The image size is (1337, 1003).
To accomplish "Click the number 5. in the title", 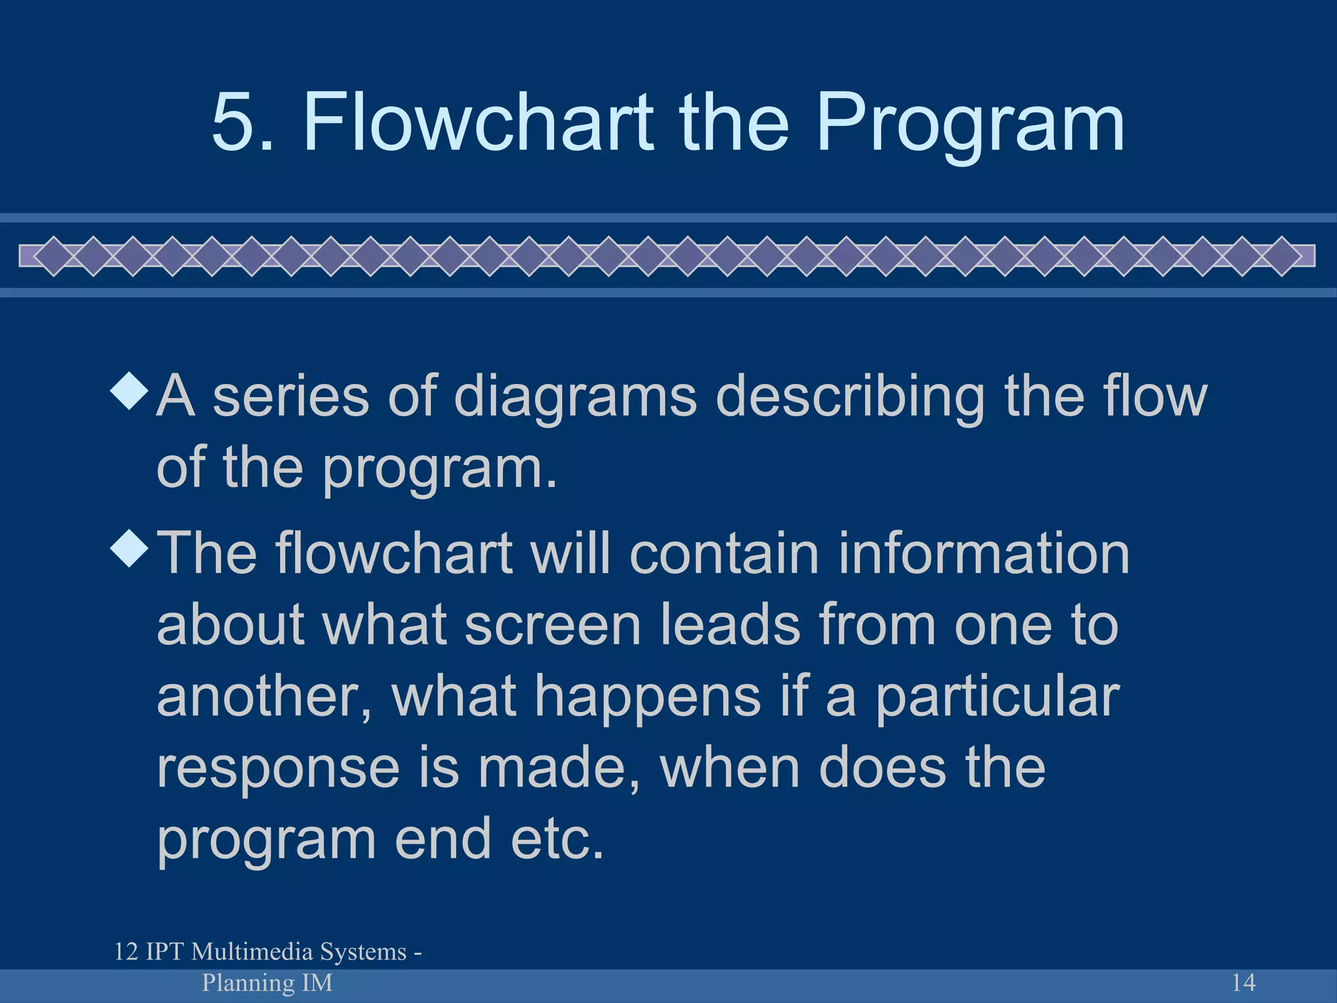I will (x=242, y=122).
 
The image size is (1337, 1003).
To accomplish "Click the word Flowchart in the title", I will (x=479, y=122).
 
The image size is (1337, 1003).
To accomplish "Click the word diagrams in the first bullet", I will (x=575, y=398).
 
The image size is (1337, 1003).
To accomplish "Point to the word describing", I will (x=850, y=398).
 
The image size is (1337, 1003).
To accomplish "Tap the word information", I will (x=983, y=553).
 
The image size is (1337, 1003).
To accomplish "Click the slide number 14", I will (x=1243, y=982).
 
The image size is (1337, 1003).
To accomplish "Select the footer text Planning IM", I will (x=267, y=982).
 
